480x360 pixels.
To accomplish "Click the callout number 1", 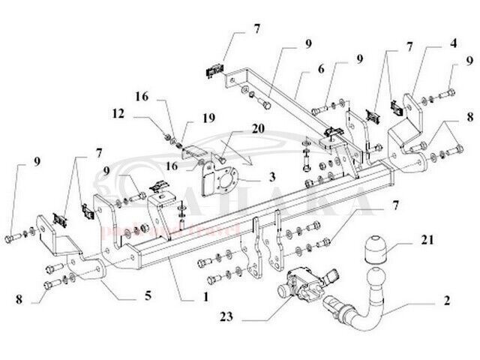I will (205, 295).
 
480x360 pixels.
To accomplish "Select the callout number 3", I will (271, 178).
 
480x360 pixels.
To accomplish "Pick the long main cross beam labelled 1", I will (247, 217).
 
